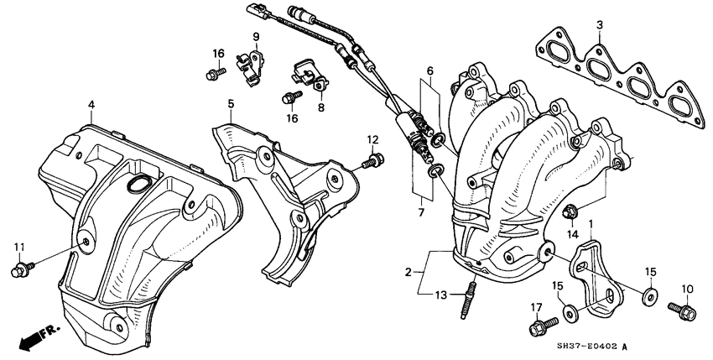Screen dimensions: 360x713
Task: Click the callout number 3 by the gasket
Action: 600,25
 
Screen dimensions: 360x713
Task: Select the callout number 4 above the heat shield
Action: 91,104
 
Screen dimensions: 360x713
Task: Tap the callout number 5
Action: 229,104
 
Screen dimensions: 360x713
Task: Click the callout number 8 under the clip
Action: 320,107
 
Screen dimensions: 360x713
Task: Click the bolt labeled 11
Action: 18,270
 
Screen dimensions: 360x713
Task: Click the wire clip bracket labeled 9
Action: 249,63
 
